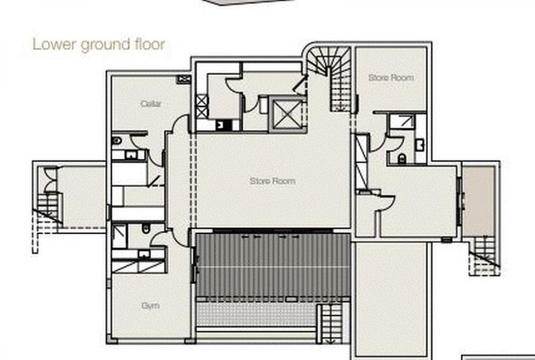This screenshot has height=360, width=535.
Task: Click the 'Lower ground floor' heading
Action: coord(99,45)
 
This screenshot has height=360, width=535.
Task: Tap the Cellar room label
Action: coord(151,104)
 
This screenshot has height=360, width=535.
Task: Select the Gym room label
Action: coord(150,306)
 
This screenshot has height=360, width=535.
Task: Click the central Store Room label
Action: coord(272,181)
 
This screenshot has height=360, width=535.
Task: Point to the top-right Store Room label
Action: coord(391,78)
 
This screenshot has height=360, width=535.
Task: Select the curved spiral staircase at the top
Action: coord(329,79)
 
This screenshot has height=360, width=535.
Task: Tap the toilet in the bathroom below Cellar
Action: coord(116,141)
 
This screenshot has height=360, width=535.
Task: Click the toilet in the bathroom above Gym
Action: coord(146,228)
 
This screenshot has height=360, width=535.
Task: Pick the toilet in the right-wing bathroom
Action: coord(402,158)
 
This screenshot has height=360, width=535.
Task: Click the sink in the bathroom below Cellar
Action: coord(131,155)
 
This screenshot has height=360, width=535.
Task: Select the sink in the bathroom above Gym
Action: coord(144,254)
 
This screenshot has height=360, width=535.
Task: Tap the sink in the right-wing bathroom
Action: coord(420,145)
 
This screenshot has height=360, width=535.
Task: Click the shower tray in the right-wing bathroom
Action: coord(402,121)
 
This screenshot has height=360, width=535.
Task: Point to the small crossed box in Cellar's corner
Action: coord(183,79)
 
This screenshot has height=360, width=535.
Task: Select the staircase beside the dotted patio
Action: coord(331,323)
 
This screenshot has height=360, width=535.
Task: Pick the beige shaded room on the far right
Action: coord(478,201)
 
